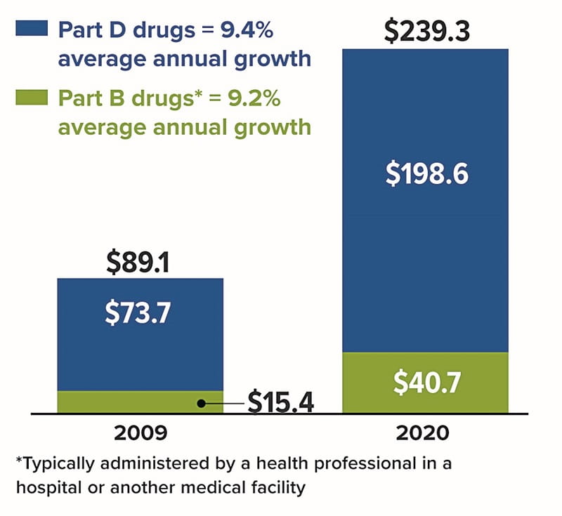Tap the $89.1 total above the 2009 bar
coord(139,262)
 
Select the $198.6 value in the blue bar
coord(426,175)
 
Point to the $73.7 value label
coord(138,312)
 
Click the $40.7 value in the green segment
coord(426,383)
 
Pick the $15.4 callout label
coord(280,403)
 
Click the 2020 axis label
coord(425,432)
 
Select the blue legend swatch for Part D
coord(31,29)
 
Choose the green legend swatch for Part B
coord(31,96)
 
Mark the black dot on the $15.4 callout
coord(201,403)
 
